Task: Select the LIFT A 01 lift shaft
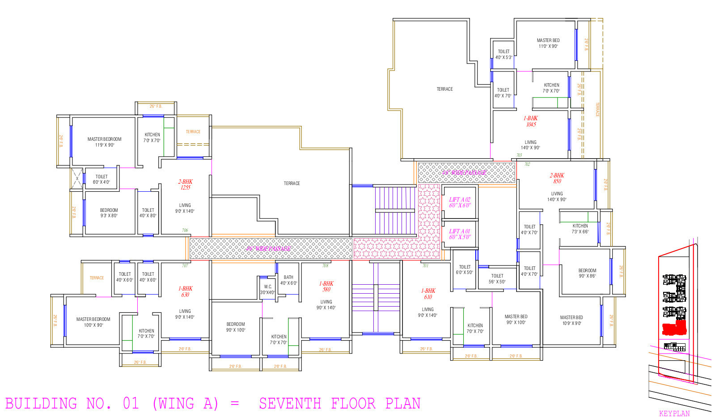pos(460,234)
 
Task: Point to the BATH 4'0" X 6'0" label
pos(288,280)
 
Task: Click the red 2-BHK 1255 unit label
pos(185,185)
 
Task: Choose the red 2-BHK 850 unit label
pos(557,178)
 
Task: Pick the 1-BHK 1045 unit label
pos(531,122)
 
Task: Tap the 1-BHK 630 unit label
pos(185,291)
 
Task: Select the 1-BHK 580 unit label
pos(326,286)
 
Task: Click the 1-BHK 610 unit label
pos(428,294)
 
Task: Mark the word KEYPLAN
pos(674,413)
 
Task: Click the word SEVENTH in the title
pos(290,404)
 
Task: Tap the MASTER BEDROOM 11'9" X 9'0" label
pos(104,142)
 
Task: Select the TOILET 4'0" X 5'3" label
pos(503,55)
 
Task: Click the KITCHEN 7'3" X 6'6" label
pos(580,229)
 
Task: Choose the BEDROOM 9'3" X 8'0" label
pos(109,213)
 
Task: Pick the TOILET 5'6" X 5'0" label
pos(497,279)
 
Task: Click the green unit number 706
pos(185,231)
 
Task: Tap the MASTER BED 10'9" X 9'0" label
pos(571,320)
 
